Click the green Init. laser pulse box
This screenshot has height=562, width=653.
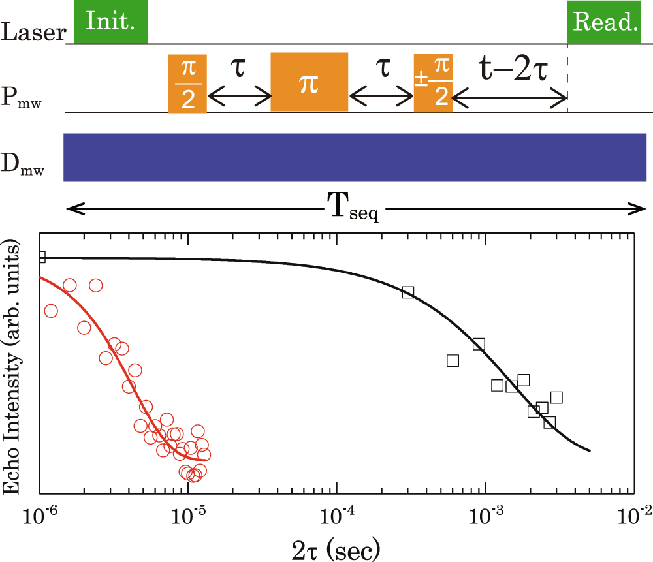coord(111,22)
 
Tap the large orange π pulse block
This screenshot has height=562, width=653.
coord(310,83)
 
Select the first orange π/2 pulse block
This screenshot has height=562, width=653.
coord(187,83)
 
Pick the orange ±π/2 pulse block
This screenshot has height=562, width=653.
coord(433,84)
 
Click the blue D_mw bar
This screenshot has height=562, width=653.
coord(355,157)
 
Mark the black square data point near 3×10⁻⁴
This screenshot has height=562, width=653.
coord(408,292)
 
